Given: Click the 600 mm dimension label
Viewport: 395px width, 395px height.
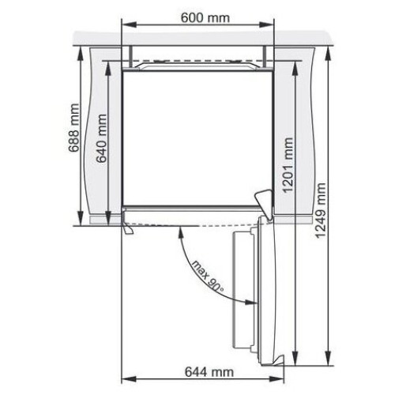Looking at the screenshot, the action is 205,18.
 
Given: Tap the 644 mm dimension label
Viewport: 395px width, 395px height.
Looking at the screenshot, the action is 209,372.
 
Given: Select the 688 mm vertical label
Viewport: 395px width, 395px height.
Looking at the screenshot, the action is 73,128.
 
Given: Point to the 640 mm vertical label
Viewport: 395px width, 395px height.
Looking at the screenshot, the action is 101,138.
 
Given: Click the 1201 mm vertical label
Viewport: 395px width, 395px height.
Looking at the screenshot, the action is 288,165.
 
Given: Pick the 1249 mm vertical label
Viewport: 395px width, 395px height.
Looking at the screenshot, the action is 321,211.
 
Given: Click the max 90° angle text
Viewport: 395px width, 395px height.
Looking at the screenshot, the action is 208,276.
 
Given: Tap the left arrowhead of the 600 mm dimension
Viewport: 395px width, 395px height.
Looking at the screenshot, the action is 129,25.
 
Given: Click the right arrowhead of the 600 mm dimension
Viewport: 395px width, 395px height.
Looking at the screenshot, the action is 266,25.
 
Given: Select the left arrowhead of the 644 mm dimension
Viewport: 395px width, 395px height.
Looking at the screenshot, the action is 129,379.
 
